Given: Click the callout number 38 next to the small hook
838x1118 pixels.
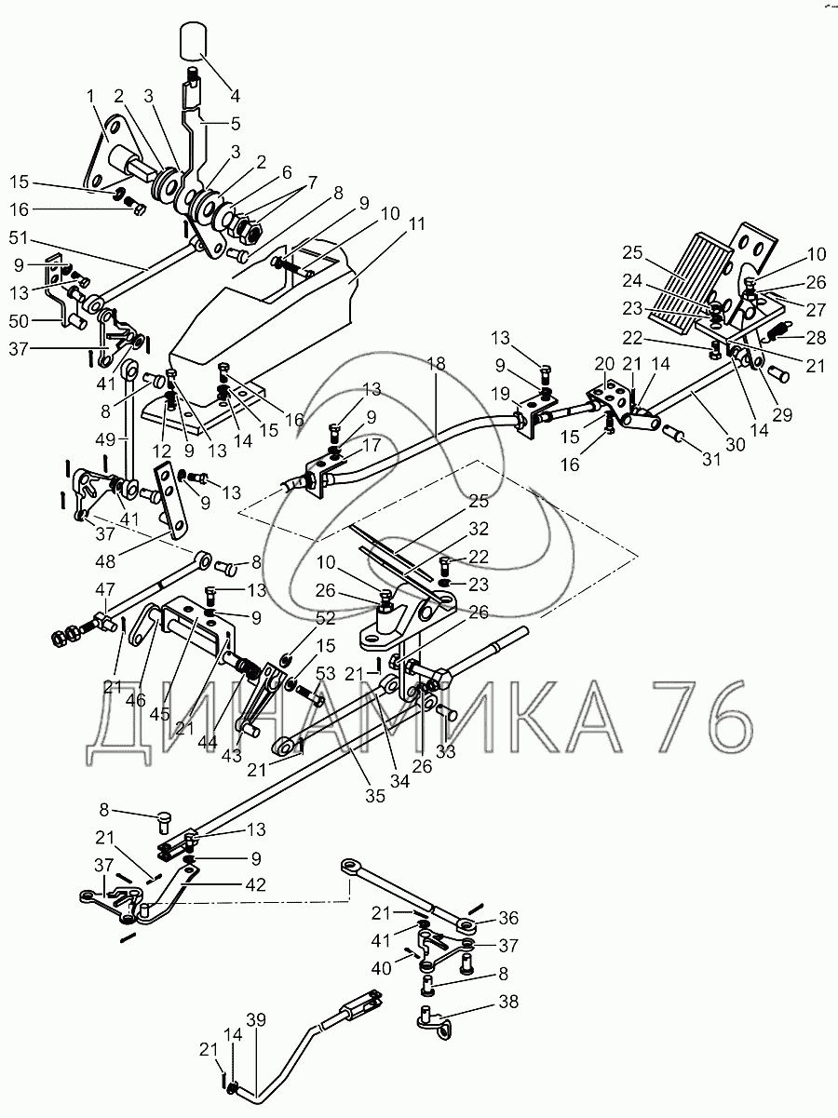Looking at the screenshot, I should click(x=507, y=1002).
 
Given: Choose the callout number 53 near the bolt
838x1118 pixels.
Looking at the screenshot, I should click(x=324, y=672).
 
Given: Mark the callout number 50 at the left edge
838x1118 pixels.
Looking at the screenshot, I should click(x=20, y=321).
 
